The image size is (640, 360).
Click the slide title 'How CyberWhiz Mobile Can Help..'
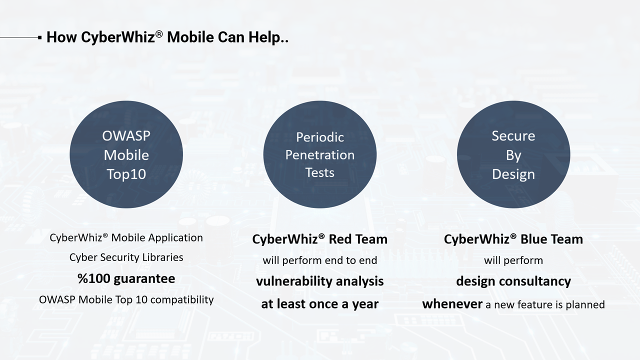pyautogui.click(x=167, y=37)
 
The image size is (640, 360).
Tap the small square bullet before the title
pyautogui.click(x=39, y=37)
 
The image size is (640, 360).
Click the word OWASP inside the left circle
pyautogui.click(x=126, y=136)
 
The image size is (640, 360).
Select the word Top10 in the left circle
pyautogui.click(x=126, y=174)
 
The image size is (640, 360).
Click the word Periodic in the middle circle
pyautogui.click(x=320, y=137)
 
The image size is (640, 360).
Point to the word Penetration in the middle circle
pyautogui.click(x=320, y=155)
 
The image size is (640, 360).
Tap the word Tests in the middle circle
pyautogui.click(x=320, y=172)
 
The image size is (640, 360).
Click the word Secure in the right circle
pyautogui.click(x=513, y=136)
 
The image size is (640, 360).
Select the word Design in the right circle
pyautogui.click(x=513, y=174)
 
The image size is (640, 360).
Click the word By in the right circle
pyautogui.click(x=513, y=155)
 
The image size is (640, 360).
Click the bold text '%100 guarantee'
pyautogui.click(x=126, y=278)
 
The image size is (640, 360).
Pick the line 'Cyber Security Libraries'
pyautogui.click(x=126, y=257)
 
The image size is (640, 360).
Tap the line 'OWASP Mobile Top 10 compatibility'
pyautogui.click(x=126, y=299)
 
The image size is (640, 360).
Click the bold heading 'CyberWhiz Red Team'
pyautogui.click(x=320, y=239)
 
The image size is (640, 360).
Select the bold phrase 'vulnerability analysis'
pyautogui.click(x=320, y=281)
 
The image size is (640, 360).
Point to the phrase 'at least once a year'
pyautogui.click(x=320, y=303)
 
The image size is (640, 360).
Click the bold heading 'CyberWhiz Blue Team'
pyautogui.click(x=513, y=239)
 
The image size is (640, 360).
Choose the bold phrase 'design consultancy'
pyautogui.click(x=513, y=281)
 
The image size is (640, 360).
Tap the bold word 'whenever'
pyautogui.click(x=452, y=304)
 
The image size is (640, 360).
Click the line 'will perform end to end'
pyautogui.click(x=320, y=260)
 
